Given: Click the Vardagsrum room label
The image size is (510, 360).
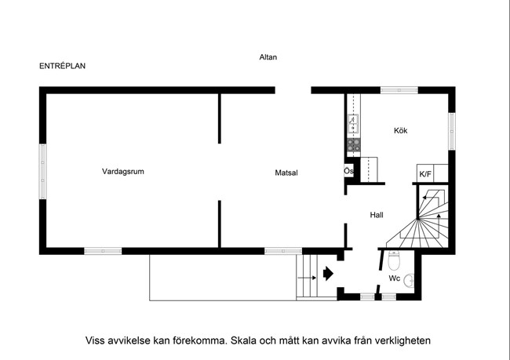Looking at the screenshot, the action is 123,172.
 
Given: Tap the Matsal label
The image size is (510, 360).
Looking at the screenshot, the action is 286,173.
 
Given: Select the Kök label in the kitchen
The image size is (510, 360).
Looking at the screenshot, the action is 400,131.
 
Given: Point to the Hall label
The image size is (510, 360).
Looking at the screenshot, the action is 377,215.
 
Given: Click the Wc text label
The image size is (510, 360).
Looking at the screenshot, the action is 395,278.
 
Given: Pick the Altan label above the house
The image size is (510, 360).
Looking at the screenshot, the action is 268,57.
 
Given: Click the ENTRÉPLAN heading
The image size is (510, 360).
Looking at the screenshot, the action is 63,66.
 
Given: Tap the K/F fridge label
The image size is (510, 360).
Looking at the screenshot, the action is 425,174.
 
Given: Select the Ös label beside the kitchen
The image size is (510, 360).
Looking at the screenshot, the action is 348,171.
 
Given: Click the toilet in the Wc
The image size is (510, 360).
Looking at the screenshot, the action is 394,260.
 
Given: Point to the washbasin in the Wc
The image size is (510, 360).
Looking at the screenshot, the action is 409,281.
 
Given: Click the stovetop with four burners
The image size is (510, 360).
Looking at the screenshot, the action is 354,145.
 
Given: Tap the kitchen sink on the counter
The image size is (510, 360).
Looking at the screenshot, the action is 354,124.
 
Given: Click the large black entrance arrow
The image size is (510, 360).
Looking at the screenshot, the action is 328,274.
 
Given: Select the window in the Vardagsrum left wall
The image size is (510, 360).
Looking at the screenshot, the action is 42,172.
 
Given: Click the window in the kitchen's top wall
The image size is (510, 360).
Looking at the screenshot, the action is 399,90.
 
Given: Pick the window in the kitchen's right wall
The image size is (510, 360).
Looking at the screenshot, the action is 452,132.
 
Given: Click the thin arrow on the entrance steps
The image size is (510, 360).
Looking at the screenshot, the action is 307,278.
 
